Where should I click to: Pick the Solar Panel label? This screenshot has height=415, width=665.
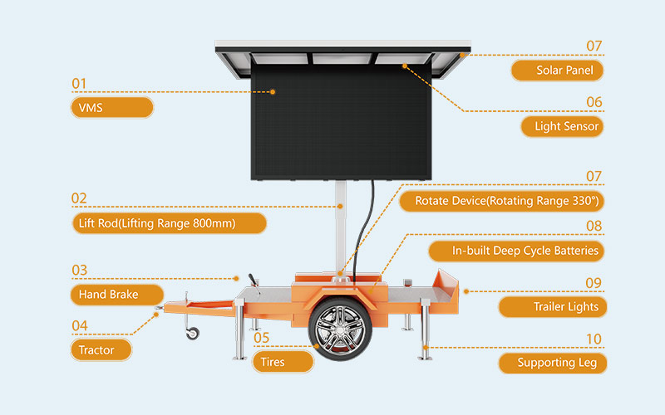click(x=556, y=71)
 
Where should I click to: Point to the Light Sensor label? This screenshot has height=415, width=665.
click(x=561, y=127)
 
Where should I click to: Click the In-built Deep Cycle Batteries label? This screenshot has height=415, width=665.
click(x=515, y=251)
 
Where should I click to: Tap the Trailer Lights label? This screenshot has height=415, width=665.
click(x=550, y=306)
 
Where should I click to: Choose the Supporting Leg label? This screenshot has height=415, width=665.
click(x=550, y=363)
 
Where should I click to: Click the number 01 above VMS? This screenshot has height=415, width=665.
click(x=79, y=84)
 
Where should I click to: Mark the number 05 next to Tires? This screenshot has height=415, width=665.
click(x=261, y=338)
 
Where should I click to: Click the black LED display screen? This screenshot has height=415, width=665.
click(x=341, y=121)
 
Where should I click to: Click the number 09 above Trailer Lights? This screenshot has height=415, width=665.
click(x=593, y=283)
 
